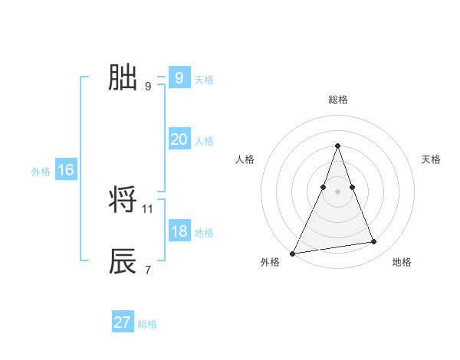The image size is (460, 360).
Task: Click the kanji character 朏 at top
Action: click(123, 77)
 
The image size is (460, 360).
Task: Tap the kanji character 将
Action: click(123, 201)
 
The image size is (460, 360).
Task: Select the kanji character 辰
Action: click(123, 261)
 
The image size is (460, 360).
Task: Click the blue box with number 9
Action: click(179, 78)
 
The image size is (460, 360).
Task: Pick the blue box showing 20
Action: click(179, 139)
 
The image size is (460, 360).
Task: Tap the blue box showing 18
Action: click(179, 231)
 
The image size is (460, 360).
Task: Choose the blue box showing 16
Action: click(65, 170)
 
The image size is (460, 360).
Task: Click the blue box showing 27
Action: click(122, 322)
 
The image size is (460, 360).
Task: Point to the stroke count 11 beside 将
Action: click(148, 208)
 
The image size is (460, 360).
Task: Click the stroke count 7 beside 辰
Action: click(147, 270)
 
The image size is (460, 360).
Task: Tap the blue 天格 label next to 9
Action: click(204, 80)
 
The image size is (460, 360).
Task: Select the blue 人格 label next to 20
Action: click(204, 141)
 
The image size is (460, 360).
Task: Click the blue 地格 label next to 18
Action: click(204, 233)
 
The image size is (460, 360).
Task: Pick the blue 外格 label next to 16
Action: click(41, 172)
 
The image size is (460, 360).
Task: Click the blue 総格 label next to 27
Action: click(147, 324)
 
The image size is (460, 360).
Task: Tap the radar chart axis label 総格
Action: click(337, 100)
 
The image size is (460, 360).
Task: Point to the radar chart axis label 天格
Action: click(431, 159)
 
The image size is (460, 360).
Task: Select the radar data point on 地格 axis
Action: click(374, 242)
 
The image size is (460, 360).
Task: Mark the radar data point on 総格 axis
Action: click(337, 146)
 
